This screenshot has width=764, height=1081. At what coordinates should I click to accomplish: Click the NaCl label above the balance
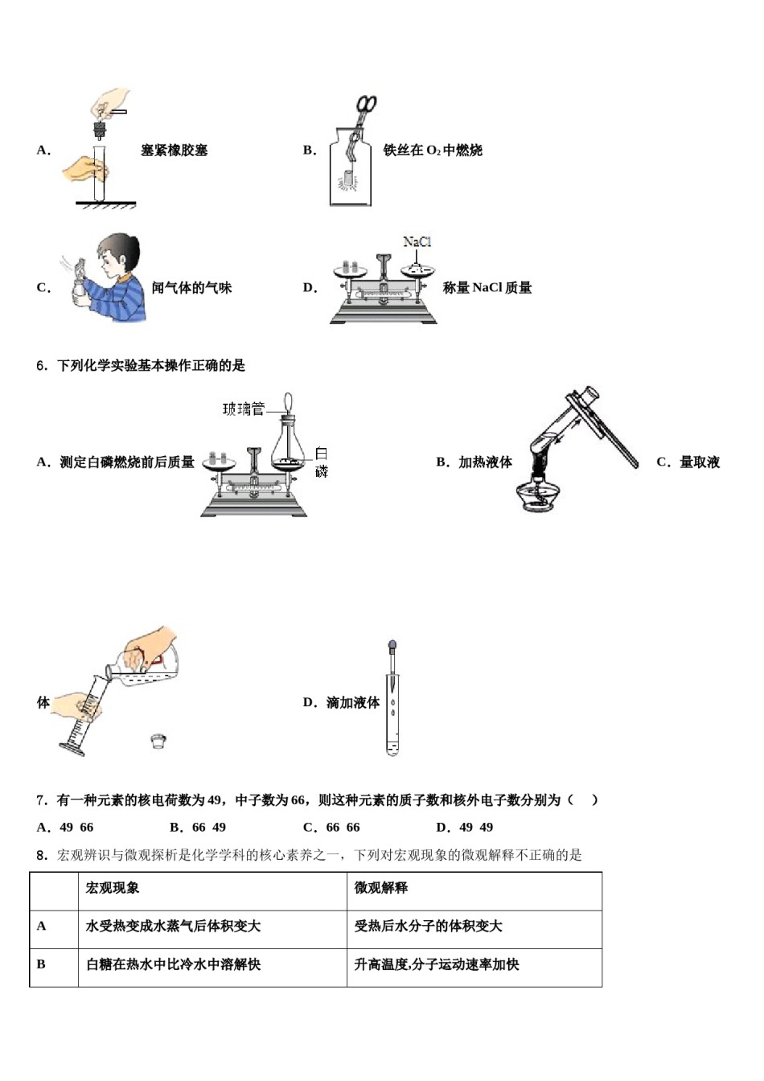click(x=417, y=241)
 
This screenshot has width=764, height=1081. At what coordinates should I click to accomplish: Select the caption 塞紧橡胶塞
click(x=174, y=150)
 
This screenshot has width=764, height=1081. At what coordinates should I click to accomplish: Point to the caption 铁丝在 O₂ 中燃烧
click(x=433, y=150)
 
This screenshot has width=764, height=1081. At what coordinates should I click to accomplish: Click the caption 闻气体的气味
click(x=191, y=288)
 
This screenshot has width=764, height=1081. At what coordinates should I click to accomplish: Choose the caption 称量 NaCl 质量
click(x=487, y=288)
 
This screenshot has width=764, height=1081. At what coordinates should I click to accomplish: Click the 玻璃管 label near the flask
click(x=243, y=409)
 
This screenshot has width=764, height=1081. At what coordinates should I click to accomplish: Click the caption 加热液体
click(x=485, y=462)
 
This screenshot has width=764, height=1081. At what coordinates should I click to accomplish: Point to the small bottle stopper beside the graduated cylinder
click(x=158, y=741)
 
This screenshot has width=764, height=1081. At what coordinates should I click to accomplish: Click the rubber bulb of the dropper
click(x=392, y=645)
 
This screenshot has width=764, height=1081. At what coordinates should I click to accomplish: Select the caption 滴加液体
click(x=352, y=703)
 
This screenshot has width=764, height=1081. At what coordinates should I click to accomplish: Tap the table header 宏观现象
click(x=113, y=888)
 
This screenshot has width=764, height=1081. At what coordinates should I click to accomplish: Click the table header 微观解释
click(x=381, y=888)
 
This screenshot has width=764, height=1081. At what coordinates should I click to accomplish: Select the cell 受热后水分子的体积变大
click(x=428, y=927)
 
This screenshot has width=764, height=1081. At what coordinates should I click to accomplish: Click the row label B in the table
click(x=42, y=964)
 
